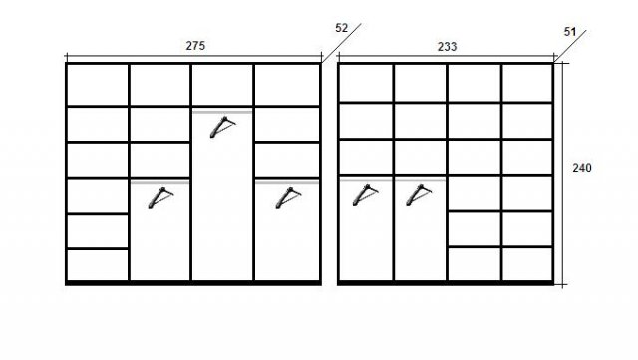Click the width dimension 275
point(195,46)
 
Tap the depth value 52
point(342,28)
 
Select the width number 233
point(448,47)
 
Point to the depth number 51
point(570,31)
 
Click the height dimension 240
point(582,168)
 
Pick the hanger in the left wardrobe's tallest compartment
point(222,127)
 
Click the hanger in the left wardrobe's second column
point(160,198)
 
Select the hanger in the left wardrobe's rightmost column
point(288,198)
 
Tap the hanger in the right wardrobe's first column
point(365,195)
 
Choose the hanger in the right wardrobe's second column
point(419,195)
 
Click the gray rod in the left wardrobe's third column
point(222,112)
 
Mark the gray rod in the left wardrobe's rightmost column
point(287,182)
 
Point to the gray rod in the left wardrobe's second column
point(159,182)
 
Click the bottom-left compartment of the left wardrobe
point(98,264)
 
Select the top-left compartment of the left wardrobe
point(98,85)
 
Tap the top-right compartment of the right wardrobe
point(527,83)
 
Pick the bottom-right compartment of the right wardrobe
point(527,264)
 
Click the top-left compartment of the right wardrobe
point(366,83)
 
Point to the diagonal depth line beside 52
point(341,43)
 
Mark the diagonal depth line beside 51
point(570,46)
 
